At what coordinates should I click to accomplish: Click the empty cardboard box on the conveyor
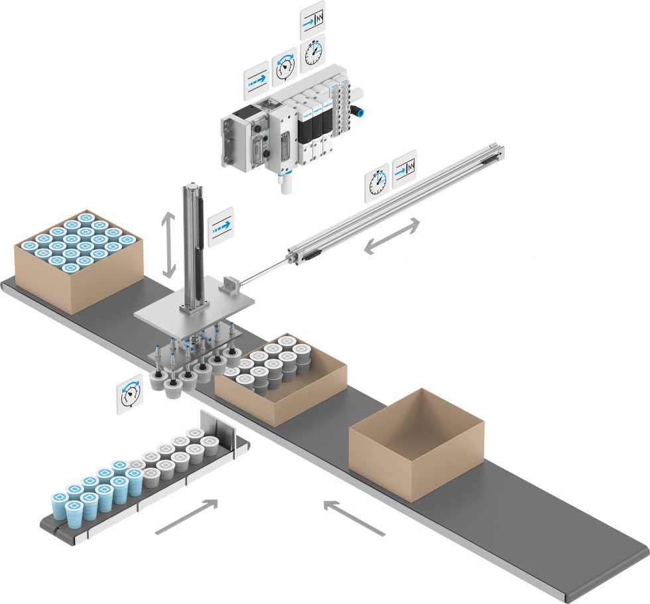[415, 443]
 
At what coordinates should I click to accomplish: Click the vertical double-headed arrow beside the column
[168, 245]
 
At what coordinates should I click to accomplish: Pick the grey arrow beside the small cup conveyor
[186, 516]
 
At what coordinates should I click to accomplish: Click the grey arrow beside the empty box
[354, 518]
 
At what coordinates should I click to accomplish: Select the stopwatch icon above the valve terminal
[312, 54]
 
